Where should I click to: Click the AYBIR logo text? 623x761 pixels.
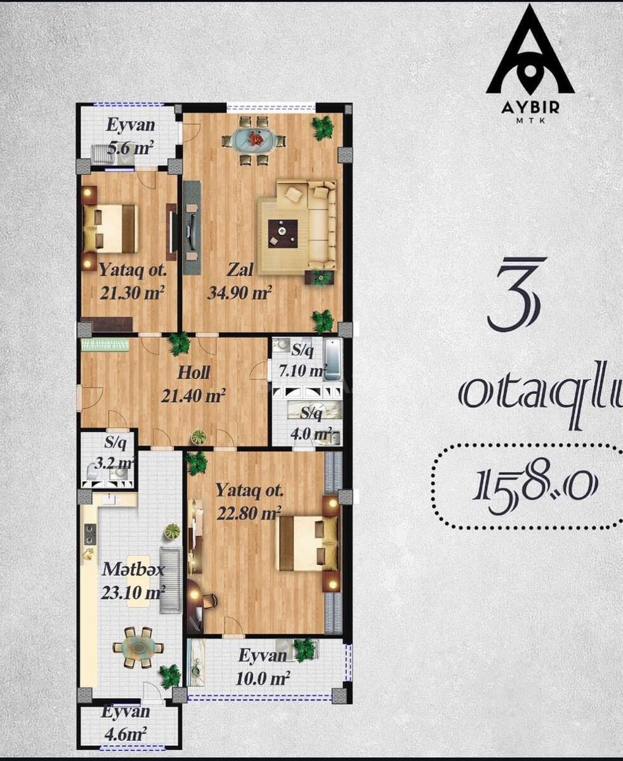coord(530,108)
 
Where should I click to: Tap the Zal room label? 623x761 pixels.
coord(240,270)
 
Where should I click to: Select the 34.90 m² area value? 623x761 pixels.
coord(239,292)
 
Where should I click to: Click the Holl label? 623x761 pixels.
coord(193,372)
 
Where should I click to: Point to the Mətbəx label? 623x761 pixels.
coord(133,569)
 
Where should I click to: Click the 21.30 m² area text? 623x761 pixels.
coord(133,292)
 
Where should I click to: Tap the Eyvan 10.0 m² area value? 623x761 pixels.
coord(263,679)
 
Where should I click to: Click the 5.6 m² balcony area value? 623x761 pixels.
coord(131,148)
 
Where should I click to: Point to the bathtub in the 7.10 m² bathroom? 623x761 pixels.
coord(332,360)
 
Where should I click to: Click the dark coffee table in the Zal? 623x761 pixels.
coord(282,233)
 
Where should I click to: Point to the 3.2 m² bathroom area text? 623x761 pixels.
coord(114,463)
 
